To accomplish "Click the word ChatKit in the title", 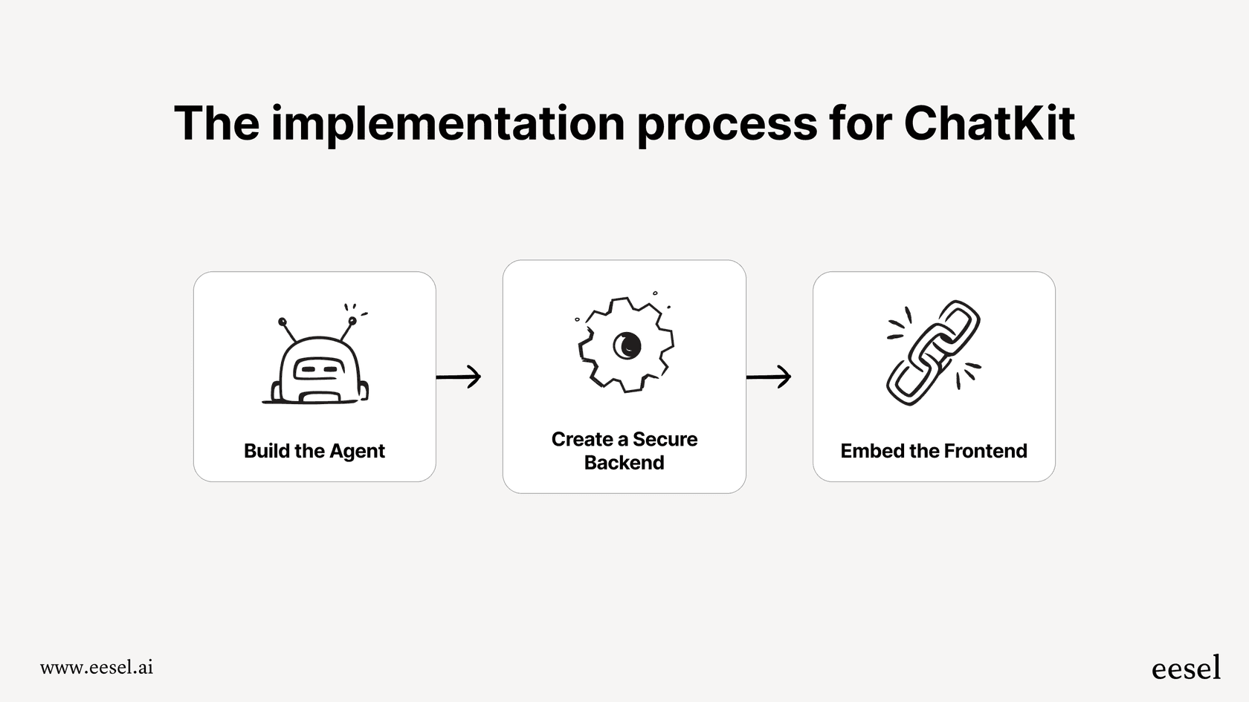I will [x=989, y=123].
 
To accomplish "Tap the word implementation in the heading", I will [x=448, y=124].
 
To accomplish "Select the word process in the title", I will [x=727, y=124].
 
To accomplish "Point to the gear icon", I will [x=626, y=344].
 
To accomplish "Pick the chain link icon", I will [x=934, y=353].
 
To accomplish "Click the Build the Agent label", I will [x=314, y=451].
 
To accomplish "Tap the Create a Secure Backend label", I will [x=624, y=451].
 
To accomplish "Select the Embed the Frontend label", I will [x=934, y=451].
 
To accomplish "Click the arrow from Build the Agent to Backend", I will [x=459, y=377].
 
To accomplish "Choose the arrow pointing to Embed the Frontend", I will [x=769, y=377].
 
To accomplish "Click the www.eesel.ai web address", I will [x=97, y=667].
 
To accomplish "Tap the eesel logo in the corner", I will [x=1186, y=668].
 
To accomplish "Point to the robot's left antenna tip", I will [x=283, y=322].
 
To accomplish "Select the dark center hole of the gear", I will [x=626, y=345].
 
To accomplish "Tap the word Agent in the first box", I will [x=357, y=451].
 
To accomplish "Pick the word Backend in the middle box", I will [x=624, y=463].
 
